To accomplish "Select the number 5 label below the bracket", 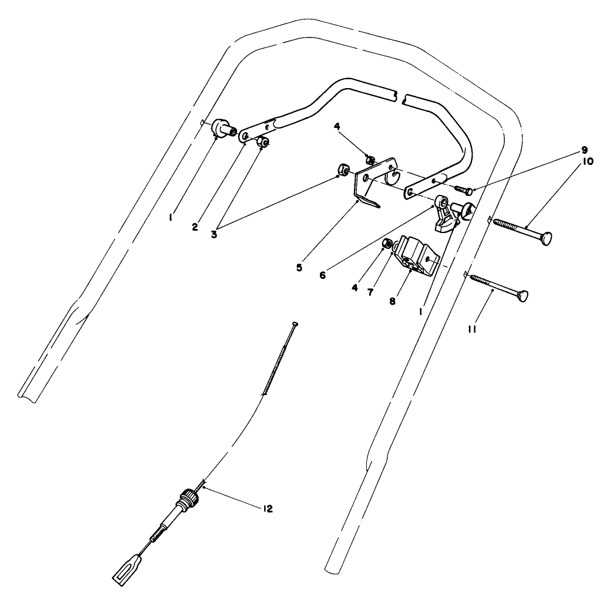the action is click(299, 267).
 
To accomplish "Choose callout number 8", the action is click(392, 301).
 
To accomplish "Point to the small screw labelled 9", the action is click(461, 190).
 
